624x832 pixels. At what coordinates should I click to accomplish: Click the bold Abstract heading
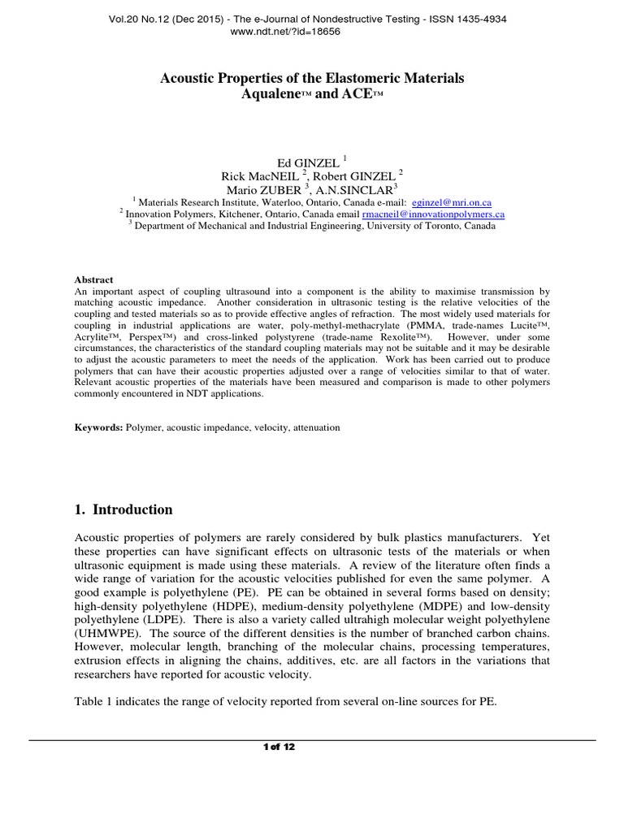coord(93,279)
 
